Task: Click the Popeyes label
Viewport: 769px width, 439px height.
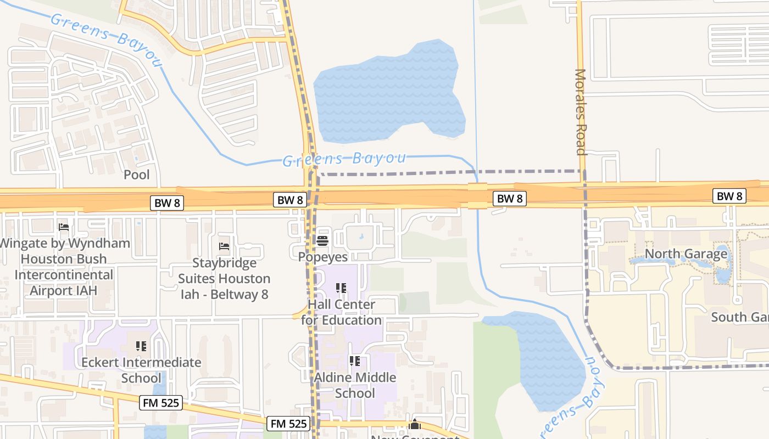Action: click(x=322, y=256)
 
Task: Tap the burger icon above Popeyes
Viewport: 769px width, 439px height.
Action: click(x=322, y=240)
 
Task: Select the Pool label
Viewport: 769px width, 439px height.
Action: click(x=136, y=175)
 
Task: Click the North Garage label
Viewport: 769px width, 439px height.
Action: click(x=686, y=254)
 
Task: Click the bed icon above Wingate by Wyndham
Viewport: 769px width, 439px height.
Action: click(x=63, y=227)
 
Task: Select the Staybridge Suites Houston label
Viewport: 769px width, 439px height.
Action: click(x=224, y=279)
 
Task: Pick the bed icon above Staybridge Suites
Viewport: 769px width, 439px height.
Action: click(x=224, y=246)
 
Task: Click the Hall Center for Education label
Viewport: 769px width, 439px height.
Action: click(x=341, y=312)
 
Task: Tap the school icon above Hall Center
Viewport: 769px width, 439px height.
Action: click(x=341, y=288)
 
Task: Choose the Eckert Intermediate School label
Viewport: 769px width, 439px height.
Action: click(x=141, y=370)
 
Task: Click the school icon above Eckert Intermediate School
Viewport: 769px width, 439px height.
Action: click(x=141, y=346)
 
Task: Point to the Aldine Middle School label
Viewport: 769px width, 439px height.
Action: click(x=355, y=385)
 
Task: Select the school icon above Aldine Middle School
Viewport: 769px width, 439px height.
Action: click(x=355, y=361)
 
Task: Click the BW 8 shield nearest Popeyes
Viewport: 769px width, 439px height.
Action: click(x=289, y=200)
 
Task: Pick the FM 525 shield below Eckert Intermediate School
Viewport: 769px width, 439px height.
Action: click(x=160, y=403)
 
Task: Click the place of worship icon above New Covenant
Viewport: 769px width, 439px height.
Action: click(x=415, y=425)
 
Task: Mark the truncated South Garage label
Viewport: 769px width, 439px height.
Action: click(x=739, y=317)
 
